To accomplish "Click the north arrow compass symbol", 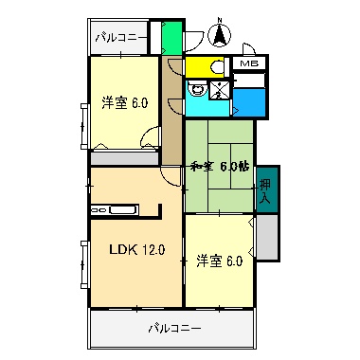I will pos(220,34).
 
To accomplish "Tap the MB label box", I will pos(248,63).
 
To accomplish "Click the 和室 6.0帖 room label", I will pos(219,166).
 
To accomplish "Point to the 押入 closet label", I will pos(265,193).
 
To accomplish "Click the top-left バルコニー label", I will pos(120,38).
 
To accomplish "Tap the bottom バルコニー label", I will pos(173,329).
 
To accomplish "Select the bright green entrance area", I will pos(171,37).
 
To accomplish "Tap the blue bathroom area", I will pos(248,99).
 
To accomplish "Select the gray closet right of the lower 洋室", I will pos(266,238).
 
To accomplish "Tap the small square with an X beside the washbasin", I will pos(220,90).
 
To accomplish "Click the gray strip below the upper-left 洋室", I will pos(125,158).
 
